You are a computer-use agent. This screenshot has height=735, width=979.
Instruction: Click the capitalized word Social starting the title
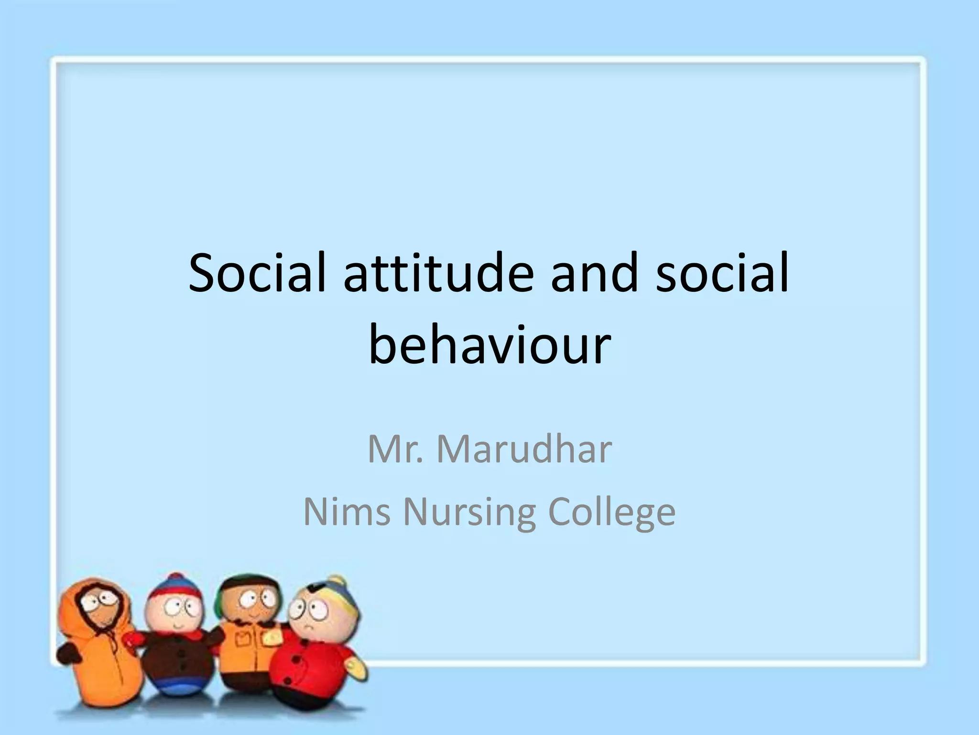[x=257, y=273]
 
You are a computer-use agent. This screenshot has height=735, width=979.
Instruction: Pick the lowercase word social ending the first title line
[x=722, y=273]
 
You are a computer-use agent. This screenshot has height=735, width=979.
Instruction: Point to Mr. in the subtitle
[x=395, y=449]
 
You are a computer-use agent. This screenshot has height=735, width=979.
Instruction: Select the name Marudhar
[x=524, y=449]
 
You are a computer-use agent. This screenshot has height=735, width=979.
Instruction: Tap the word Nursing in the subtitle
[x=469, y=512]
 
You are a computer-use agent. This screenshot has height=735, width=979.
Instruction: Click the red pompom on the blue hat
[x=176, y=578]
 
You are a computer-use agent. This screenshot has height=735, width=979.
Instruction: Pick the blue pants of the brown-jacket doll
[x=177, y=689]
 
